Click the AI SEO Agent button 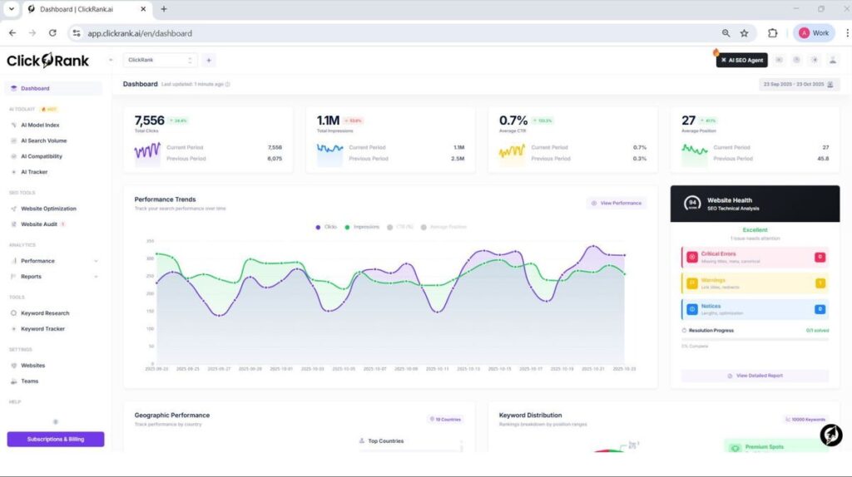pos(742,60)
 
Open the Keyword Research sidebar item pos(45,313)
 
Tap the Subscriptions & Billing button pos(56,439)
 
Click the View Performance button pos(617,203)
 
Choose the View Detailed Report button pos(755,376)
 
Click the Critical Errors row pos(754,257)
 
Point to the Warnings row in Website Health pos(754,283)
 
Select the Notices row pos(754,309)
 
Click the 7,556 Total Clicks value pos(150,121)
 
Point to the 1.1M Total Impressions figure pos(328,121)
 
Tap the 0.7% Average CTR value pos(513,121)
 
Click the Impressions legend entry pos(362,227)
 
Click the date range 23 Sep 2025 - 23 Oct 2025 pos(798,84)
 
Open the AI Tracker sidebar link pos(34,172)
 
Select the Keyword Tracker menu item pos(42,329)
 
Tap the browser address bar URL pos(140,33)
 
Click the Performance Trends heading pos(165,199)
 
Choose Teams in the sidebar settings pos(29,381)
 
